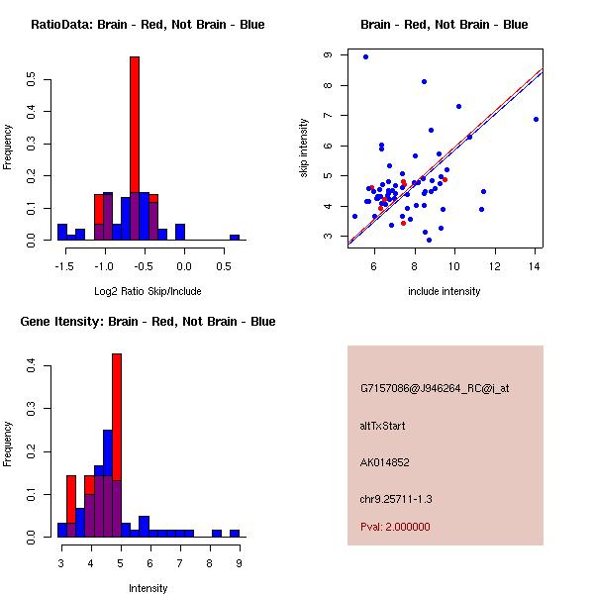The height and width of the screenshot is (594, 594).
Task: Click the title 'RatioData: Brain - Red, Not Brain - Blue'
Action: coord(148,25)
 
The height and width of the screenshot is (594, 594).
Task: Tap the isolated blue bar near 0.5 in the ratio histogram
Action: coord(235,238)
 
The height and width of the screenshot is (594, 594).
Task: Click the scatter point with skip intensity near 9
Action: coord(365,57)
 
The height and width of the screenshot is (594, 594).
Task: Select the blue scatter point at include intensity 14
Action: coord(536,119)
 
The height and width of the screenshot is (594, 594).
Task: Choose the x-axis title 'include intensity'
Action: coord(445,291)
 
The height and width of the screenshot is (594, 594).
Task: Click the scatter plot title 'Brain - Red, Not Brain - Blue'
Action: coord(445,25)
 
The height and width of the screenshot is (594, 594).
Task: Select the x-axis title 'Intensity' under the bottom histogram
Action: coord(148,587)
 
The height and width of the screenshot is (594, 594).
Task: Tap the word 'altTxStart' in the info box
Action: coord(382,426)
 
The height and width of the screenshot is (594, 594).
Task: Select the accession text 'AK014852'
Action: coord(385,461)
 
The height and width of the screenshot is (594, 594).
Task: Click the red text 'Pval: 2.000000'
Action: coord(395,527)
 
